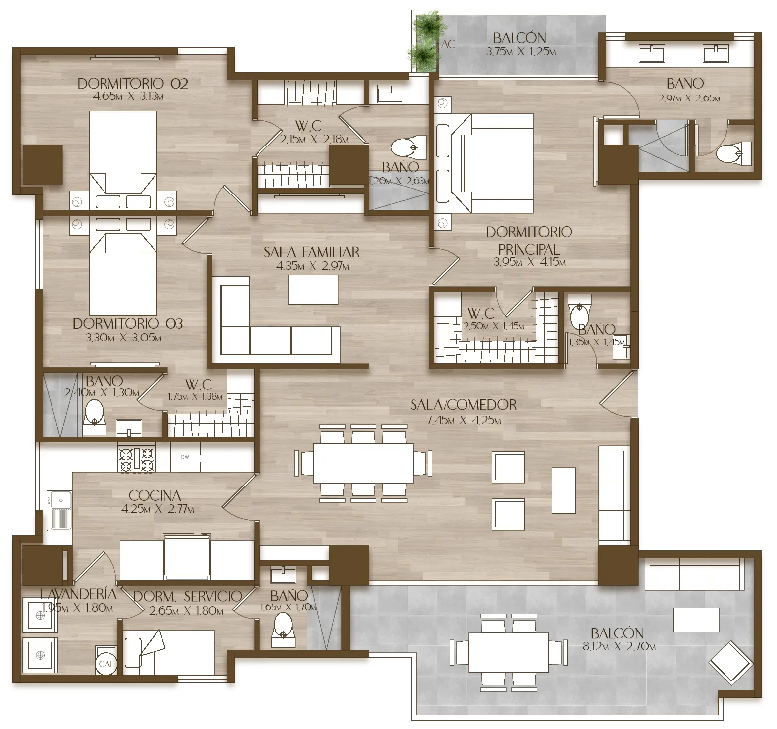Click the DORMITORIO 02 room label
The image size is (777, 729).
tap(133, 83)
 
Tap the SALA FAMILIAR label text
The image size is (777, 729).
tap(311, 252)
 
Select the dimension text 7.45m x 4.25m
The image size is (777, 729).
tap(464, 421)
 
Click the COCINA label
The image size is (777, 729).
tap(155, 495)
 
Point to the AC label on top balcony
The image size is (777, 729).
tap(448, 44)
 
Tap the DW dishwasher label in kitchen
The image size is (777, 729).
tap(185, 457)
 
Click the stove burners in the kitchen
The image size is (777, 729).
tap(136, 459)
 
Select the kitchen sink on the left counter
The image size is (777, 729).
tap(59, 510)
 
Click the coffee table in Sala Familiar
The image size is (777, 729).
tap(313, 290)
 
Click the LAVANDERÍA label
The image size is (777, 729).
tap(79, 593)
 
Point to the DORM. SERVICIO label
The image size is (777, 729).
tap(188, 597)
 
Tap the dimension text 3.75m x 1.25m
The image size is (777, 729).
tap(520, 51)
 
